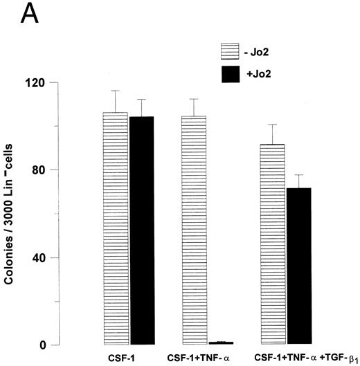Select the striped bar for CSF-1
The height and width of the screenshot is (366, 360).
[115, 228]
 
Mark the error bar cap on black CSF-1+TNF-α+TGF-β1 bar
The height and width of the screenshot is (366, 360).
[299, 175]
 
